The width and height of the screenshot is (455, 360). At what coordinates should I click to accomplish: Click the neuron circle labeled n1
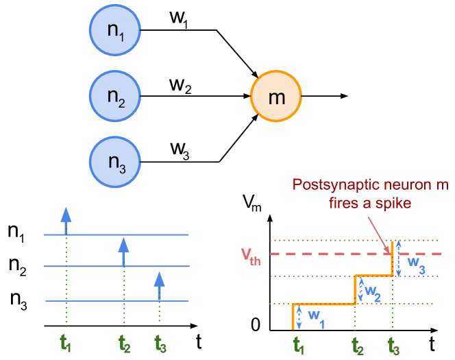(x=114, y=31)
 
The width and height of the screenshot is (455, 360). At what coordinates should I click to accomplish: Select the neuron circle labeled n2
(x=114, y=96)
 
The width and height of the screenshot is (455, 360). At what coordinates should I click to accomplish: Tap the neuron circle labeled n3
(x=114, y=162)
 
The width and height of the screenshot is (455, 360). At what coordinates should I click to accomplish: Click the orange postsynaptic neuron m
(x=275, y=97)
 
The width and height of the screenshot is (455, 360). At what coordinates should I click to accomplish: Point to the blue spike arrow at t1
(x=66, y=219)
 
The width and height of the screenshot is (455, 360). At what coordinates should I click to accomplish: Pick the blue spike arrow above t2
(x=123, y=251)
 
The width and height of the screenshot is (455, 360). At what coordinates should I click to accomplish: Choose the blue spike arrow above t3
(x=159, y=286)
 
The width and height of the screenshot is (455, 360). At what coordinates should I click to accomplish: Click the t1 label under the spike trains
(x=66, y=344)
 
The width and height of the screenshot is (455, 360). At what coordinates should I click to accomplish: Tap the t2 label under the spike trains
(x=124, y=344)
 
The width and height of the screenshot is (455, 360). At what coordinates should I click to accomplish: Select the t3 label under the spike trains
(x=160, y=344)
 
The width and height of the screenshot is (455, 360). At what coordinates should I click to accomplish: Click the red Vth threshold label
(x=251, y=256)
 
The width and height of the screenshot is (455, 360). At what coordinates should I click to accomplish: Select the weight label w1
(x=315, y=316)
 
